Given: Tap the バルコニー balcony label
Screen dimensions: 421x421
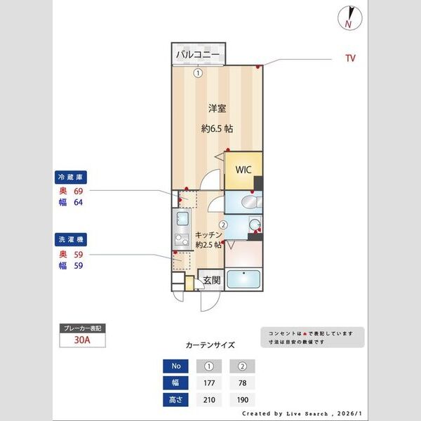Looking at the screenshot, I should click(x=197, y=54).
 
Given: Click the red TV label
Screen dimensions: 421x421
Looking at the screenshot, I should click(x=349, y=58).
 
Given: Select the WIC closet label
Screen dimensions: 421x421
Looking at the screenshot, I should click(x=243, y=169).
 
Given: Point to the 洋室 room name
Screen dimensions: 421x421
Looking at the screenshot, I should click(x=217, y=109).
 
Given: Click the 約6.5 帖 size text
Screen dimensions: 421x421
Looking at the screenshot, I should click(x=217, y=129).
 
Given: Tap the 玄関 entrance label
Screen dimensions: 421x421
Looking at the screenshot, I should click(x=212, y=280).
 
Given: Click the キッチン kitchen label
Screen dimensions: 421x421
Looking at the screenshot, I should click(x=209, y=234).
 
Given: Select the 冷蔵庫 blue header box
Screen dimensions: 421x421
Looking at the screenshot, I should click(x=71, y=177).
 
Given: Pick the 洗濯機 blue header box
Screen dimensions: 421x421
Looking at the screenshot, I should click(x=71, y=241).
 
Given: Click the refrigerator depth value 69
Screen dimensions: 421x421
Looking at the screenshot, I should click(x=79, y=190).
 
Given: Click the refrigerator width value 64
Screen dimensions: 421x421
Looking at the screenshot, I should click(x=79, y=203).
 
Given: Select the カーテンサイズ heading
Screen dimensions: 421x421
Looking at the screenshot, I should click(x=210, y=345).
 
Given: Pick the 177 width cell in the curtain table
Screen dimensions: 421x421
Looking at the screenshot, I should click(x=208, y=382).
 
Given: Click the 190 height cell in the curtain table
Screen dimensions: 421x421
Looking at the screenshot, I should click(x=242, y=399).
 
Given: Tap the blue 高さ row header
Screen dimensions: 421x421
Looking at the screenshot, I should click(x=175, y=399).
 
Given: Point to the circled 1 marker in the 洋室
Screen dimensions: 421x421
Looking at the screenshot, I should click(x=199, y=72).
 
